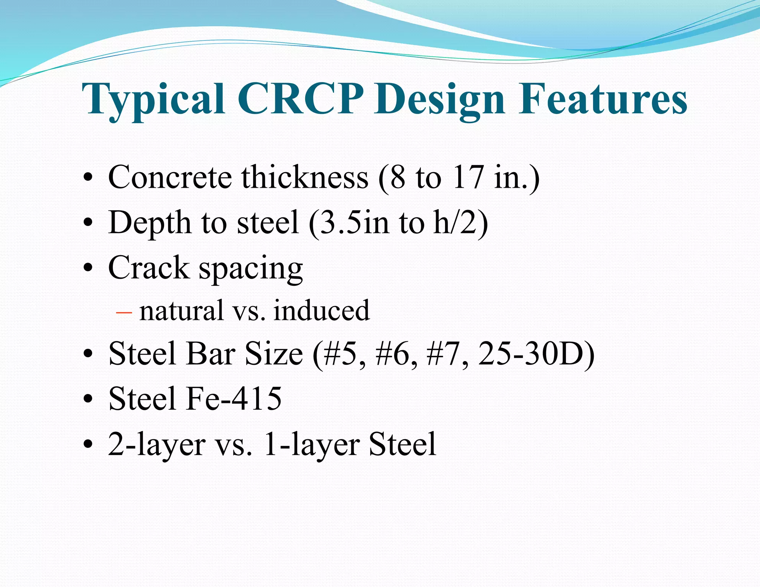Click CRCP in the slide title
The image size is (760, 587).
click(300, 99)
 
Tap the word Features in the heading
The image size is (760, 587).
click(602, 99)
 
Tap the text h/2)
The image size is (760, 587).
click(460, 223)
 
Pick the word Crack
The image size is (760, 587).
click(148, 268)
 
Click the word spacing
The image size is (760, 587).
click(251, 269)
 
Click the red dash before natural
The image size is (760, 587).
click(124, 312)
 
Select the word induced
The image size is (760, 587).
click(321, 311)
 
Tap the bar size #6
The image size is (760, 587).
click(396, 354)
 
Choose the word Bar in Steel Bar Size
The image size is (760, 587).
click(211, 354)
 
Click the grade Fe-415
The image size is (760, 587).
click(234, 399)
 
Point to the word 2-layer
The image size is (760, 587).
click(156, 445)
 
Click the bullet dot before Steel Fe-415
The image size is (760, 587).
click(88, 399)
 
